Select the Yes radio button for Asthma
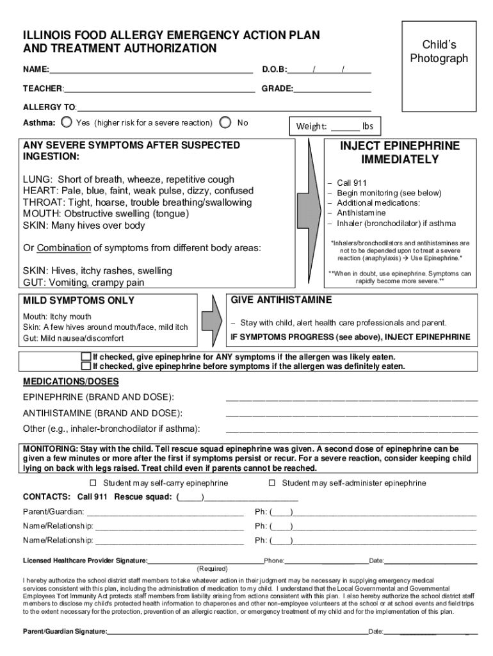tap(67, 122)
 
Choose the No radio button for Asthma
tap(225, 122)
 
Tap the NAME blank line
tap(151, 69)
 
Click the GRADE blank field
tap(332, 88)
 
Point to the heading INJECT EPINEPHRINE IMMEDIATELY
tap(400, 152)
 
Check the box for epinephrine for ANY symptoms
tap(86, 357)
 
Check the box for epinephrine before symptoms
tap(86, 366)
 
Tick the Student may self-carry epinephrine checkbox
tap(93, 483)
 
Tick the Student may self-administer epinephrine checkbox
tap(271, 483)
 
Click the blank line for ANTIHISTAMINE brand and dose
tap(352, 413)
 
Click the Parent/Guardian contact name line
tap(165, 512)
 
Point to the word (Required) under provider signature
tap(212, 568)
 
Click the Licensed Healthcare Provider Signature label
tap(85, 561)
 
